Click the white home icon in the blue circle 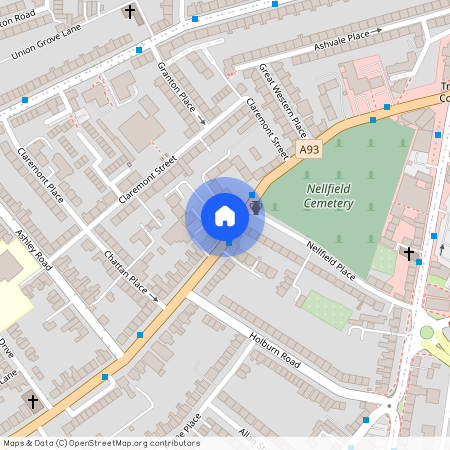(225, 216)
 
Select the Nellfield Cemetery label (329, 196)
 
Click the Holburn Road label (275, 351)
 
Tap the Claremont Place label (41, 174)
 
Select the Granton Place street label (177, 87)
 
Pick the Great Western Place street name (283, 101)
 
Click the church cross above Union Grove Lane (129, 12)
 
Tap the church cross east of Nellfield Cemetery (408, 253)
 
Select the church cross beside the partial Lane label (33, 401)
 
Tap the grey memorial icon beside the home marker (256, 207)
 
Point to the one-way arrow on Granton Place (202, 121)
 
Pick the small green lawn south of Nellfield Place (326, 309)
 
